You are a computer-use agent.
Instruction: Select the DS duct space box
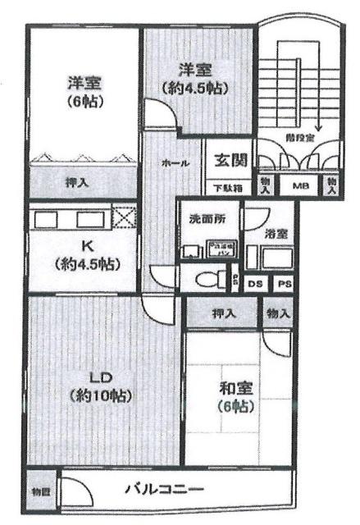pos(255,284)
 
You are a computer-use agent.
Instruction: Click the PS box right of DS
pos(283,284)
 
